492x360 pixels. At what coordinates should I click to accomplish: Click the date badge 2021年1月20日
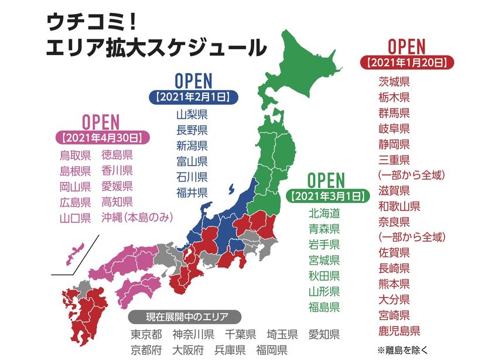(406, 61)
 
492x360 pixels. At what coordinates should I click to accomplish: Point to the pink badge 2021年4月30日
(101, 138)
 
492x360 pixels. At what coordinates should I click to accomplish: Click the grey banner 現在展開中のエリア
(187, 317)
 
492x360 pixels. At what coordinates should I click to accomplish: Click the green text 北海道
(324, 212)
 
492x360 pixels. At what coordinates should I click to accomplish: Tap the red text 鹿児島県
(399, 331)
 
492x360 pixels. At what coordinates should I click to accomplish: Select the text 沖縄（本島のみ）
(138, 218)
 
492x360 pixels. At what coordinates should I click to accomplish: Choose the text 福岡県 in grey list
(271, 350)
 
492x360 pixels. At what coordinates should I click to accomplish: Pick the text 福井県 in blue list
(192, 191)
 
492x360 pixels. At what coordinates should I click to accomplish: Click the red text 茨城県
(394, 81)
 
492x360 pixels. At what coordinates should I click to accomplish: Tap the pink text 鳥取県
(75, 155)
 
